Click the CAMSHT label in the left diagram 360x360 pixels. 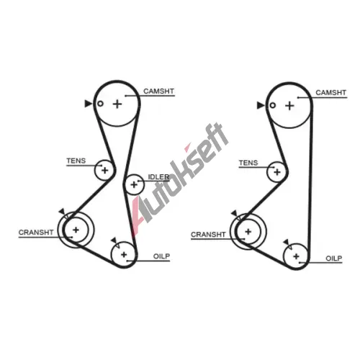tap(158, 91)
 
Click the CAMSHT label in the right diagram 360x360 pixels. tap(330, 93)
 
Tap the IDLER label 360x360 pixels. tap(158, 177)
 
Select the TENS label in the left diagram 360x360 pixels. tap(76, 161)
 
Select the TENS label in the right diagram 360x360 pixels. tap(248, 163)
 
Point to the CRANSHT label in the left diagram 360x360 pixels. tap(36, 233)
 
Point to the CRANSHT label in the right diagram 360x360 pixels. tap(208, 234)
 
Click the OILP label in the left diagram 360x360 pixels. tap(161, 256)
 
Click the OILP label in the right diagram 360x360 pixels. tap(334, 258)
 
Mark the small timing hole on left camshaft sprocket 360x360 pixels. tap(100, 104)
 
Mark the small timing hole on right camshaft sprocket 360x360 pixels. tap(272, 105)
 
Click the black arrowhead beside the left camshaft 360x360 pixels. tap(88, 104)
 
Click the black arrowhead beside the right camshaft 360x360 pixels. tap(261, 105)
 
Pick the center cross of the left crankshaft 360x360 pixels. tap(76, 230)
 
